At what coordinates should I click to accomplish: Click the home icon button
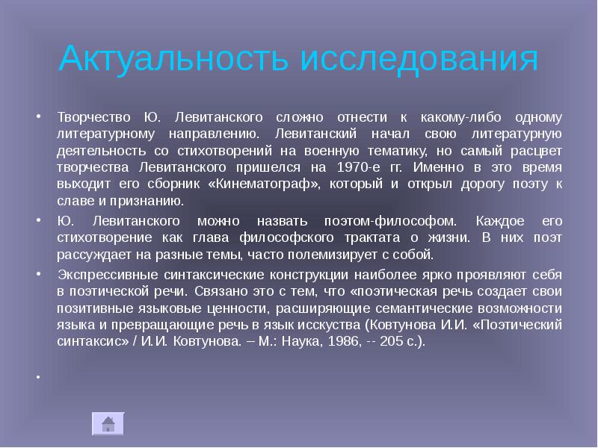pyautogui.click(x=108, y=423)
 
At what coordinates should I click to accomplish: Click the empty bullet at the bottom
pyautogui.click(x=37, y=376)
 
